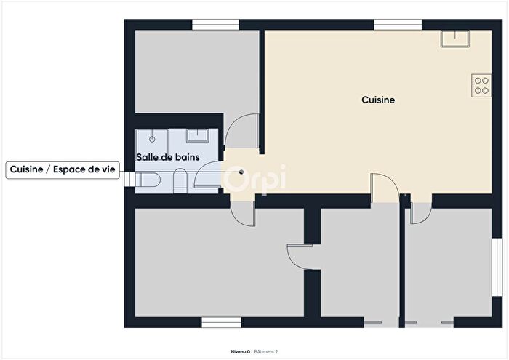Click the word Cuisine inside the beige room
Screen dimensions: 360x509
(x=378, y=100)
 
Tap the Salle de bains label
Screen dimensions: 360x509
(x=168, y=156)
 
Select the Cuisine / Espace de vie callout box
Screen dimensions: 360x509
(x=63, y=169)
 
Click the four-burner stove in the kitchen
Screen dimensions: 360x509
(x=481, y=85)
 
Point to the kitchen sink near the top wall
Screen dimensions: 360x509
(x=455, y=38)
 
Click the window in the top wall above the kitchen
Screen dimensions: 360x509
(x=398, y=25)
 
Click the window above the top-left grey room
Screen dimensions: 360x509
(x=216, y=25)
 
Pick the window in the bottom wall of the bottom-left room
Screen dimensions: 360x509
(x=221, y=321)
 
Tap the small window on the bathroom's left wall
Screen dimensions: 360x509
(x=129, y=179)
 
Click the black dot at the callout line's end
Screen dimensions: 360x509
(x=241, y=172)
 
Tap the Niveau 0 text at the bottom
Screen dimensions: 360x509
(x=240, y=351)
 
